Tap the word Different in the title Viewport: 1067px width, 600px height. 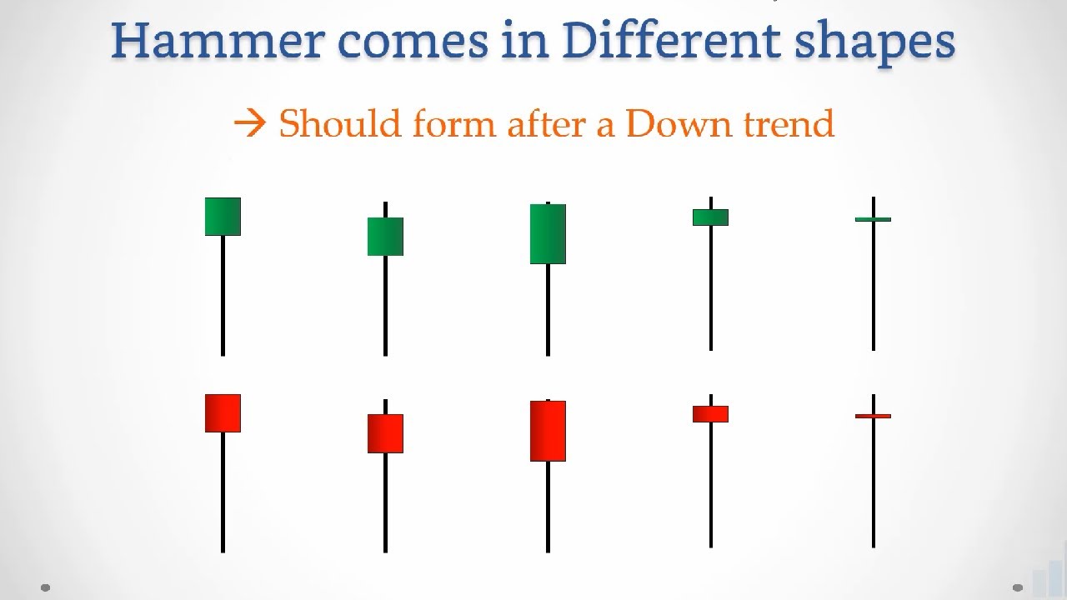(672, 41)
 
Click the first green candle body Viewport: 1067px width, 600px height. (223, 217)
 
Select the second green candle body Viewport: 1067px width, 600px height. (385, 237)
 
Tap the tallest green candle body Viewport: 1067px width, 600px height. (549, 234)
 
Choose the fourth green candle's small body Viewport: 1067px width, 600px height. (711, 217)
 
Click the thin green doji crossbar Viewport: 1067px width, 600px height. (873, 219)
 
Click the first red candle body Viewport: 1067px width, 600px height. (223, 413)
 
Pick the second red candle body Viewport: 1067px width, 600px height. (385, 434)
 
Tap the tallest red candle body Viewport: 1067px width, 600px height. (549, 431)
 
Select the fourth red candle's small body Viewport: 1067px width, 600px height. (711, 414)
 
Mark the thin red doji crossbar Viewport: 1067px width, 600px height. (873, 416)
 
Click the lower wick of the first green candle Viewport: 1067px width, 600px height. (223, 296)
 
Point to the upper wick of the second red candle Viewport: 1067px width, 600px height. (385, 407)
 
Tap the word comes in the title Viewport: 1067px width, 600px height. (413, 42)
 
